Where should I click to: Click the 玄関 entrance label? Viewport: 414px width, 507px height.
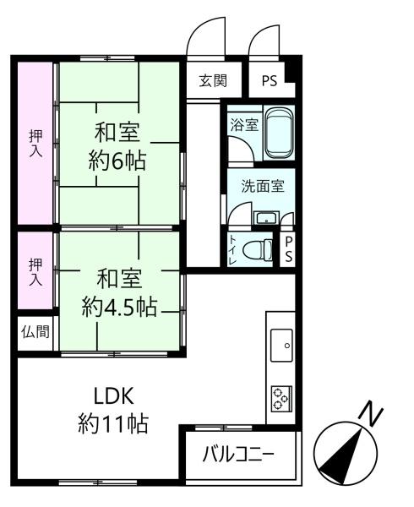click(x=213, y=80)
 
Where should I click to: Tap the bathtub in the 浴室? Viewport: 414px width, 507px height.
click(x=279, y=133)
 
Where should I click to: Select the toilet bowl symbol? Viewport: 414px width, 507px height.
click(x=258, y=249)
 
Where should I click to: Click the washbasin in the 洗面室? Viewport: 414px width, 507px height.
click(x=266, y=218)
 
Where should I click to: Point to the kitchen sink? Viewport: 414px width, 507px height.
click(x=281, y=346)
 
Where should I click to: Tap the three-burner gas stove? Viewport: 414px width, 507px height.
click(x=281, y=398)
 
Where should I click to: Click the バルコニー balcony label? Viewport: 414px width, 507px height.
click(x=238, y=454)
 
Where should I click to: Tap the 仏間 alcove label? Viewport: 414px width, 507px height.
click(x=35, y=332)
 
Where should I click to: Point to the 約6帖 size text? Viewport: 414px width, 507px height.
click(x=117, y=161)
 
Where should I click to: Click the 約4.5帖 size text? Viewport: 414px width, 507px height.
click(x=119, y=307)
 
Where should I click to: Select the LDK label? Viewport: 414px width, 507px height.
click(x=113, y=395)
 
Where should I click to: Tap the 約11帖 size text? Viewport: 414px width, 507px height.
click(x=113, y=423)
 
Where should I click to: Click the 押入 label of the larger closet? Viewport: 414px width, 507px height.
click(x=35, y=144)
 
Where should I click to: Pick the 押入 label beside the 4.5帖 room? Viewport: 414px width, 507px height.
click(x=35, y=272)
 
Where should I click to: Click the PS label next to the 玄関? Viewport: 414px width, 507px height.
click(x=270, y=80)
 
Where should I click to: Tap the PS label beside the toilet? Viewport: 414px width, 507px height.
click(x=288, y=249)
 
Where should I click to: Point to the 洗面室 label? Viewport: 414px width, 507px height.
click(x=263, y=186)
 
